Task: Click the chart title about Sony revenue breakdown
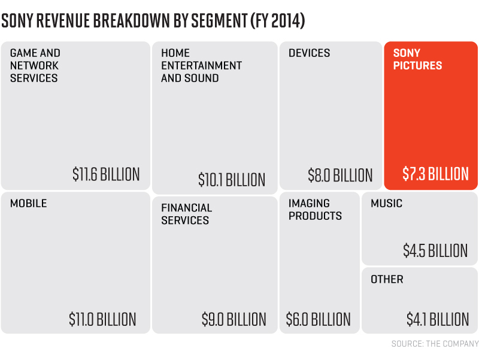coord(153,21)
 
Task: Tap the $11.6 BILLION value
coord(106,174)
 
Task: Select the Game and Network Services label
coord(35,65)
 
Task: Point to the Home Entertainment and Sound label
coord(201,65)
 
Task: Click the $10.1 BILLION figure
coord(232,180)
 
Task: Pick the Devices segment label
coord(309,53)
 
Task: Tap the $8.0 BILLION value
coord(340,176)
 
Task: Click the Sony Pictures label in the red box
coord(417,59)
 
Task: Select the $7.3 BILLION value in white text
coord(435,174)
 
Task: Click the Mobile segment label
coord(28,203)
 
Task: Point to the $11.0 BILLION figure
coord(102,319)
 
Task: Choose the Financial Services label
coord(186,214)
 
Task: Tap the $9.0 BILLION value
coord(234,319)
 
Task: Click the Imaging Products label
coord(315,210)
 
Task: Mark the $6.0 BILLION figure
coord(318,319)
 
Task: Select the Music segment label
coord(386,203)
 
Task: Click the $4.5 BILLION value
coord(435,250)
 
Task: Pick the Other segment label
coord(387,279)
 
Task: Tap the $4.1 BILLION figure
coord(437,319)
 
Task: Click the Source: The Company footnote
coord(435,344)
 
